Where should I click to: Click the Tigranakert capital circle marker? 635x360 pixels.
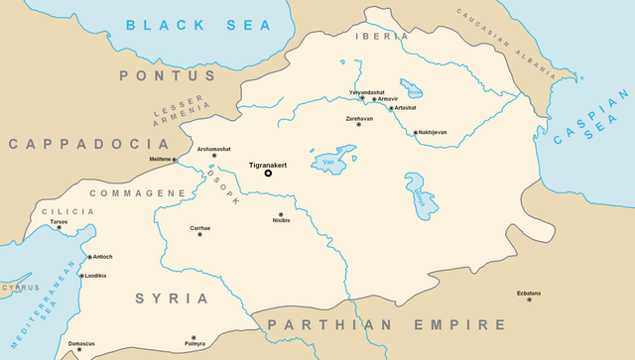point(268,174)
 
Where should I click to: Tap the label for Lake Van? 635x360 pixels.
point(328,162)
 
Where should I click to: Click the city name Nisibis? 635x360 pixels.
point(281,222)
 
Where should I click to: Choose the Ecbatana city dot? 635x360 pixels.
point(529,300)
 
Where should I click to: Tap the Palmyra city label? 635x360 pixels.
point(194,345)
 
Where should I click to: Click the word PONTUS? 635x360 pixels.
point(153,75)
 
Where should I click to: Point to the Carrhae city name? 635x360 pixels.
point(199,228)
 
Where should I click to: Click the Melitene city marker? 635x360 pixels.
point(175,160)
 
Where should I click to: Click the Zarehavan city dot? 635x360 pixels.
point(359,125)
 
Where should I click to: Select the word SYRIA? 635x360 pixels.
point(173,298)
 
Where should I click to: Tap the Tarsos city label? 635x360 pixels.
point(59,221)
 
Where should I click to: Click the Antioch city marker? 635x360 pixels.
point(90,257)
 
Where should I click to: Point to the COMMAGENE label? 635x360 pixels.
point(138,192)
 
